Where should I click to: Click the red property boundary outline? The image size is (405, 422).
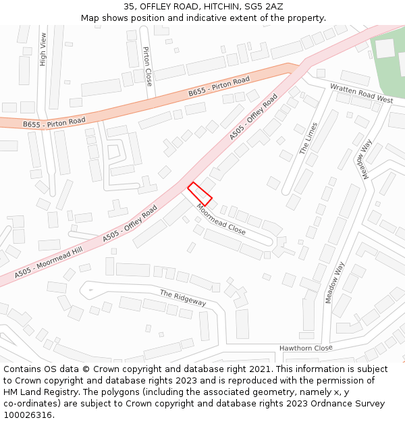click(200, 193)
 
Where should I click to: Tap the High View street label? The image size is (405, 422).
click(43, 49)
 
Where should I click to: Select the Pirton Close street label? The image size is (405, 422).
click(148, 65)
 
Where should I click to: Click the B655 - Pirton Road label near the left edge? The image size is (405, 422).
click(54, 123)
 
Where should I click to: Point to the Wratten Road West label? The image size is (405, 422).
click(360, 94)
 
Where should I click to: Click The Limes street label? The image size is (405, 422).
click(308, 138)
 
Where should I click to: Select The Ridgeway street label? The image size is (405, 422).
click(182, 298)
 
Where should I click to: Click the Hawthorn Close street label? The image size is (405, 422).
click(306, 348)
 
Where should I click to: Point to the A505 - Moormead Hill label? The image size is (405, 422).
click(49, 263)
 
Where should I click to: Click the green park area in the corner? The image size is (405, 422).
click(391, 74)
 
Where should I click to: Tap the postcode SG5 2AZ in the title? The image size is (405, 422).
click(264, 6)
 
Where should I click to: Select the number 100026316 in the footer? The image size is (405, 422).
click(29, 415)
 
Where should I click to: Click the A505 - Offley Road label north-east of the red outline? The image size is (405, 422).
click(253, 117)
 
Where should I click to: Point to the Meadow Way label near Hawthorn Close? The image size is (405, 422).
click(339, 282)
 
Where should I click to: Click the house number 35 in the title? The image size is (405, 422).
click(130, 6)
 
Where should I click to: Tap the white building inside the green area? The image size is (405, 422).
click(385, 49)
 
